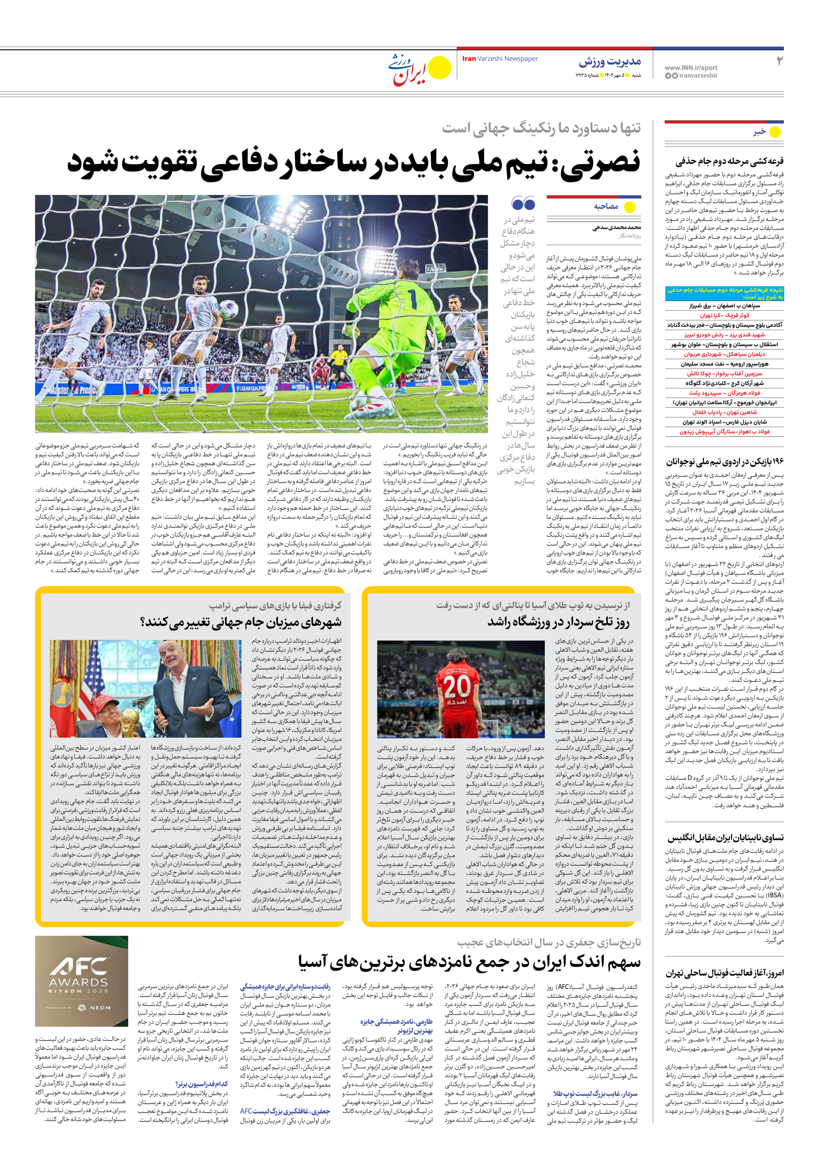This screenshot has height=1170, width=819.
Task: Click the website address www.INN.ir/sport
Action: pyautogui.click(x=691, y=67)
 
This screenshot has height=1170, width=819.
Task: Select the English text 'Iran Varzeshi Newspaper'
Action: pyautogui.click(x=500, y=59)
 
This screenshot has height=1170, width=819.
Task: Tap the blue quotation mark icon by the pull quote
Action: pyautogui.click(x=524, y=204)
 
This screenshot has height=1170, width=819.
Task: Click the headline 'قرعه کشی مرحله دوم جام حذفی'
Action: pyautogui.click(x=729, y=162)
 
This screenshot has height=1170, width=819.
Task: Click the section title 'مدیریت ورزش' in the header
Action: pyautogui.click(x=610, y=62)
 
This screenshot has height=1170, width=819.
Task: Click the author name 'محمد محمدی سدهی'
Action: pyautogui.click(x=616, y=227)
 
